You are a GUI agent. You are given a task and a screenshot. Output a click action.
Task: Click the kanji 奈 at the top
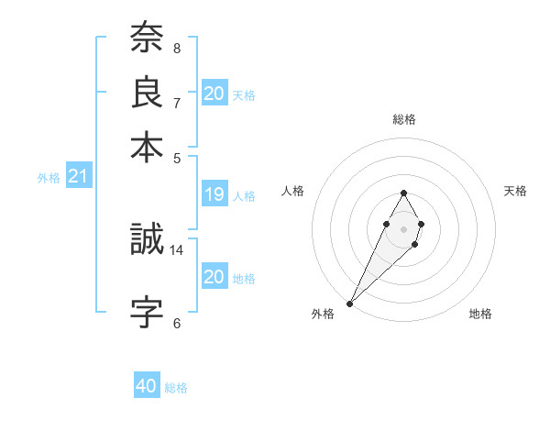click(x=148, y=39)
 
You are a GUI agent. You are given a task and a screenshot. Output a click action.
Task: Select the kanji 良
click(x=148, y=94)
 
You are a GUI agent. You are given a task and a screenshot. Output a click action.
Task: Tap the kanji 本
click(x=148, y=148)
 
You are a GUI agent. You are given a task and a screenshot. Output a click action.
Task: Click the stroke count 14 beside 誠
click(x=177, y=249)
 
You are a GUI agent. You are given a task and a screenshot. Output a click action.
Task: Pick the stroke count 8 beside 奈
click(x=177, y=48)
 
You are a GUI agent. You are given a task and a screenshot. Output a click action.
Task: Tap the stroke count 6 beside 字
click(x=177, y=323)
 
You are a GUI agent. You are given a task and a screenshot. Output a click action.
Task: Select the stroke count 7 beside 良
click(x=177, y=103)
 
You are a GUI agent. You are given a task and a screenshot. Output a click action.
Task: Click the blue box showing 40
click(x=147, y=386)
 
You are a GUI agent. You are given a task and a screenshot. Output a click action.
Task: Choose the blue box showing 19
click(x=214, y=194)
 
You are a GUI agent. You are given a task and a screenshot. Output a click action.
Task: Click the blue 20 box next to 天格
click(x=214, y=94)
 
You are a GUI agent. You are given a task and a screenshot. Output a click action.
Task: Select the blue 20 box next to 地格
click(x=214, y=277)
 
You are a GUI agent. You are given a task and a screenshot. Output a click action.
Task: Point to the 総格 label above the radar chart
click(x=403, y=119)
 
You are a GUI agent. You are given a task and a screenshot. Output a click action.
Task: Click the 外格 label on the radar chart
click(x=323, y=314)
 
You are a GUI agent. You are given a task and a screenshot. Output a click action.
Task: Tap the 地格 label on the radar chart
click(x=480, y=314)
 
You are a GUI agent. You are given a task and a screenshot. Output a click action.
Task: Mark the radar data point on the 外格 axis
click(x=350, y=303)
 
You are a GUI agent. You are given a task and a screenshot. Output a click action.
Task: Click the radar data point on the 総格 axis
click(x=403, y=193)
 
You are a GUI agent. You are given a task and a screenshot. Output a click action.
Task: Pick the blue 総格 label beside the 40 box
click(x=176, y=388)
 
